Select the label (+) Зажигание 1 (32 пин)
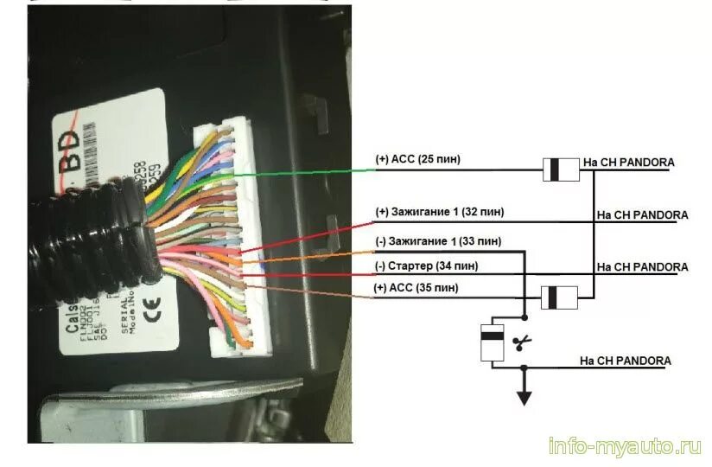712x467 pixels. (x=440, y=212)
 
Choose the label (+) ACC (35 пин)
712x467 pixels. (x=416, y=287)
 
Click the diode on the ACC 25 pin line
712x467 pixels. (x=561, y=170)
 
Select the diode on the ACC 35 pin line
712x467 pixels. (x=561, y=298)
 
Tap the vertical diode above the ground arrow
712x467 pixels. (x=493, y=343)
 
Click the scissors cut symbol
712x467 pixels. (x=521, y=343)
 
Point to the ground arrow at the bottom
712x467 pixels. (x=524, y=395)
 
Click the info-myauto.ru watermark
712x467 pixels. (x=624, y=446)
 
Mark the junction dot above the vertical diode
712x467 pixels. (x=524, y=317)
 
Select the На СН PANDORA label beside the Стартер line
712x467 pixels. (x=642, y=267)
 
